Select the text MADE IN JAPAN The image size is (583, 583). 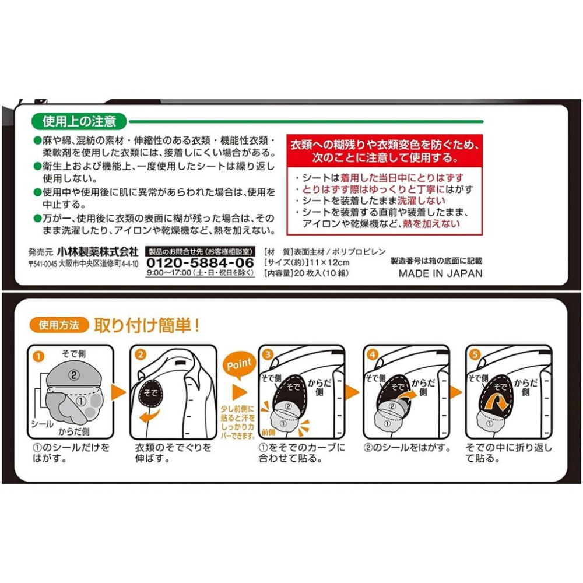coord(440,273)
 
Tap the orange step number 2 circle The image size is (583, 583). coord(141,354)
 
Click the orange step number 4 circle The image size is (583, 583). coord(372,354)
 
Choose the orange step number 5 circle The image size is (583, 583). coord(476,354)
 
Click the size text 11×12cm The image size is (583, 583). coord(317,262)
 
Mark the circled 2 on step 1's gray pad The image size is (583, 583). coord(74,375)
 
